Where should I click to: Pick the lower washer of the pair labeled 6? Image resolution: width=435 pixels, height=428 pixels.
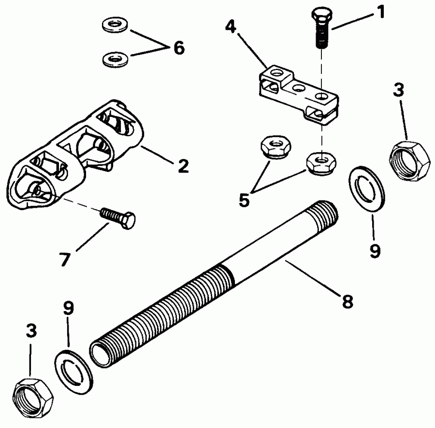point(114,59)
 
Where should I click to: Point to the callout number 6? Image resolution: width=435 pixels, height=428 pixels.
point(178,48)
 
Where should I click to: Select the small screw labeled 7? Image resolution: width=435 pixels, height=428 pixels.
point(119,216)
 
